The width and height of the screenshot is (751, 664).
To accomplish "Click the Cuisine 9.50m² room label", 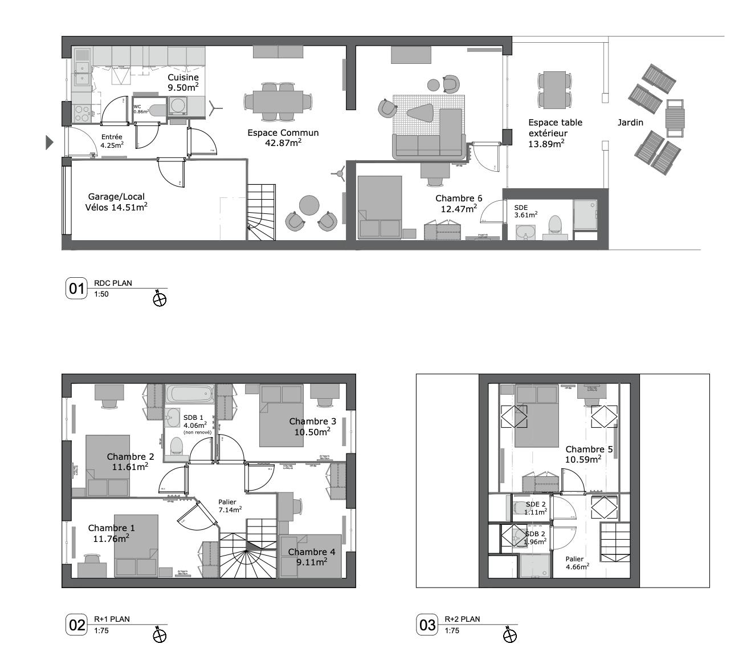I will click(183, 82).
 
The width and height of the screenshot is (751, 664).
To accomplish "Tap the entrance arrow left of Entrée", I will click(49, 142).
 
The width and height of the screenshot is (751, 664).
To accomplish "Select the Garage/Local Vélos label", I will click(116, 202).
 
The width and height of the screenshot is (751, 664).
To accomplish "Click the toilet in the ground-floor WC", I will click(156, 110).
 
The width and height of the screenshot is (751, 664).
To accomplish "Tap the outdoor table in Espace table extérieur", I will click(554, 90).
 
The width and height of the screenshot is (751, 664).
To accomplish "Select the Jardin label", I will click(630, 123).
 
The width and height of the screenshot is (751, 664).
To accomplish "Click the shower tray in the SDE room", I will click(585, 214).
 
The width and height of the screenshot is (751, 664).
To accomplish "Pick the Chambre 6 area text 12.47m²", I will click(459, 209).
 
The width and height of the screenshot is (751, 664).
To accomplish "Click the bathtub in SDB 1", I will click(190, 394).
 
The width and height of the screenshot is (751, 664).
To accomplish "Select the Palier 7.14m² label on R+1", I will click(230, 505).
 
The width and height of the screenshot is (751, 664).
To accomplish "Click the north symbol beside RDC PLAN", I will click(160, 298).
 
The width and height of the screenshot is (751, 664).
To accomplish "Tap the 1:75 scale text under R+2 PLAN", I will click(452, 630).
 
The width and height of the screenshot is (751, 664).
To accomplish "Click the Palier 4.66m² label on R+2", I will click(577, 562).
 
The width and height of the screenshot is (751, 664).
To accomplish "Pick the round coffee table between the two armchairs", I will click(310, 204).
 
